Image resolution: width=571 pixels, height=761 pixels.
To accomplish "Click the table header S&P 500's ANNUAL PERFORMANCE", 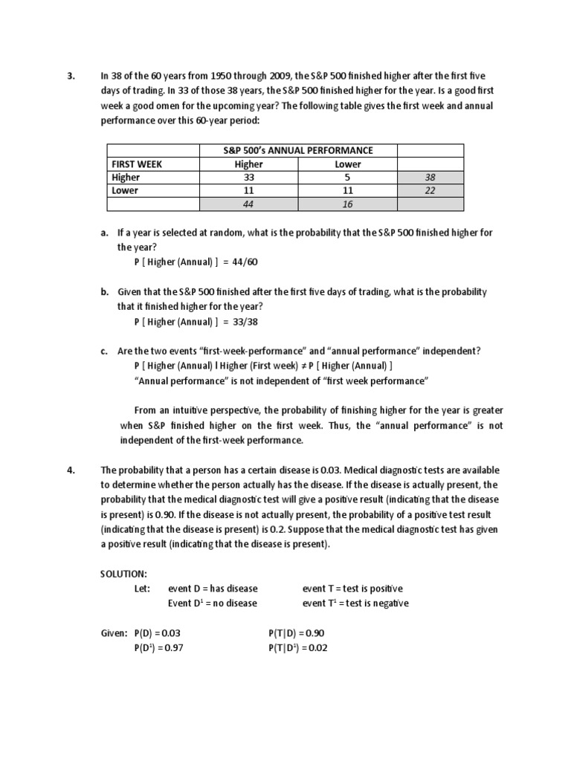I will (x=298, y=150).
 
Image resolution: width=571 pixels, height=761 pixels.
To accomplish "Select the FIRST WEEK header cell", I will (x=137, y=164).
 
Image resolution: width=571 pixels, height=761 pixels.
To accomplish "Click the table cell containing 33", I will (x=249, y=178).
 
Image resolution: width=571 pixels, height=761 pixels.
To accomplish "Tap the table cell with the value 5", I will (x=348, y=178).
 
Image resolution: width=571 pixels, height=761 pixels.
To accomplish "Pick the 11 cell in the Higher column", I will (x=249, y=190).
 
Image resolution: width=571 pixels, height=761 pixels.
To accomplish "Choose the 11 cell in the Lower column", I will (x=348, y=190).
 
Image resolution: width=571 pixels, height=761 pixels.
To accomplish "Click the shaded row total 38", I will (x=430, y=178).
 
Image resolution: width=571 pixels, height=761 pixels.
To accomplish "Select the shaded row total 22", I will (x=430, y=190).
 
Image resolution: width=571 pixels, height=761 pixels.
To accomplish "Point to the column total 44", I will (x=249, y=204).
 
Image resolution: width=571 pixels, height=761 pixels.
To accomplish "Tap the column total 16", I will (x=348, y=204).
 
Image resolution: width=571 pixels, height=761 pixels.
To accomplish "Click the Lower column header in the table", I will (x=348, y=164).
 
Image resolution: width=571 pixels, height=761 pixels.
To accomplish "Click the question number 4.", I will (x=71, y=470).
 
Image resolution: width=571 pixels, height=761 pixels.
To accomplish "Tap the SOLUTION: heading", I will (x=123, y=574).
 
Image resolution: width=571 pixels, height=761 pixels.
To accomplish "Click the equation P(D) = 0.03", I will (x=158, y=633).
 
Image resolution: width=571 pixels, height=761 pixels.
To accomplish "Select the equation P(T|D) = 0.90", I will (x=296, y=633).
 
